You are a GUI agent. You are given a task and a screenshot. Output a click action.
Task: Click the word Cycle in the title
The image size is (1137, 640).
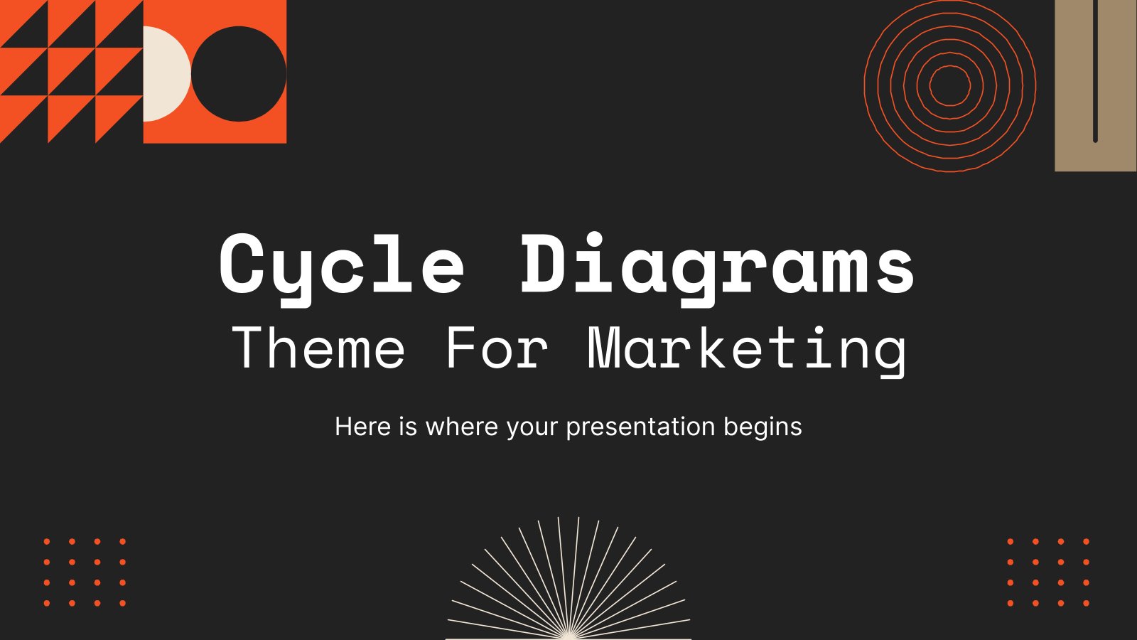coord(342,270)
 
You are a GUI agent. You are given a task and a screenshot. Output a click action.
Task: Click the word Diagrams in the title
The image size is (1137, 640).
coord(717,270)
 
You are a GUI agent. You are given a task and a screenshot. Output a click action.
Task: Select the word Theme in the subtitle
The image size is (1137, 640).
coord(318,348)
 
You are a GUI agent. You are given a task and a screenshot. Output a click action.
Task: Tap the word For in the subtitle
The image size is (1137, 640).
coord(497,348)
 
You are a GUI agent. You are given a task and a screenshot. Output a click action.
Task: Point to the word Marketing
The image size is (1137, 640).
coord(747,352)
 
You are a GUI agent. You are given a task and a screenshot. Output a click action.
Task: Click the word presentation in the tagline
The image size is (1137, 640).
coord(640,427)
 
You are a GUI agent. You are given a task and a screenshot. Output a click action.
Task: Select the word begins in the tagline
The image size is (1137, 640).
coord(763,427)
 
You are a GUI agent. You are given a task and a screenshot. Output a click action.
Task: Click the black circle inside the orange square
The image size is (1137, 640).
coord(239,74)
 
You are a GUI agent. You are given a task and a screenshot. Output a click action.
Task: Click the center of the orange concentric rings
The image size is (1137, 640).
coord(949,86)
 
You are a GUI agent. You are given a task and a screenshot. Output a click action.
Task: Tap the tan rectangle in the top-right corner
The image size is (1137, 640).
coord(1096,85)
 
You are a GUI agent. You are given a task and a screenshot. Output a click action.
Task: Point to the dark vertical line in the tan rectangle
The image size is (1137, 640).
coord(1095,71)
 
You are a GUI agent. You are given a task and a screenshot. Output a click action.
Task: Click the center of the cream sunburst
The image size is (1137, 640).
coord(568,635)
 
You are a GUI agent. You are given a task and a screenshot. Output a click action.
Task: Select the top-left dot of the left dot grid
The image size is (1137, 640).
coord(47,541)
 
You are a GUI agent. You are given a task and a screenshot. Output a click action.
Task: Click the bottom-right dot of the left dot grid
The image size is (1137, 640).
coord(122,604)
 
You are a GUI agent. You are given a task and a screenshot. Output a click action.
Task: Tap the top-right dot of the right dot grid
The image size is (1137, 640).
coord(1087,541)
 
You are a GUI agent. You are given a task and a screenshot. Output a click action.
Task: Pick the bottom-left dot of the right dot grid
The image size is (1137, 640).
coord(1010,604)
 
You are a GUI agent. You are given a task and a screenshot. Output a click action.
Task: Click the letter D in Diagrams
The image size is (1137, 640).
coord(544,264)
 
